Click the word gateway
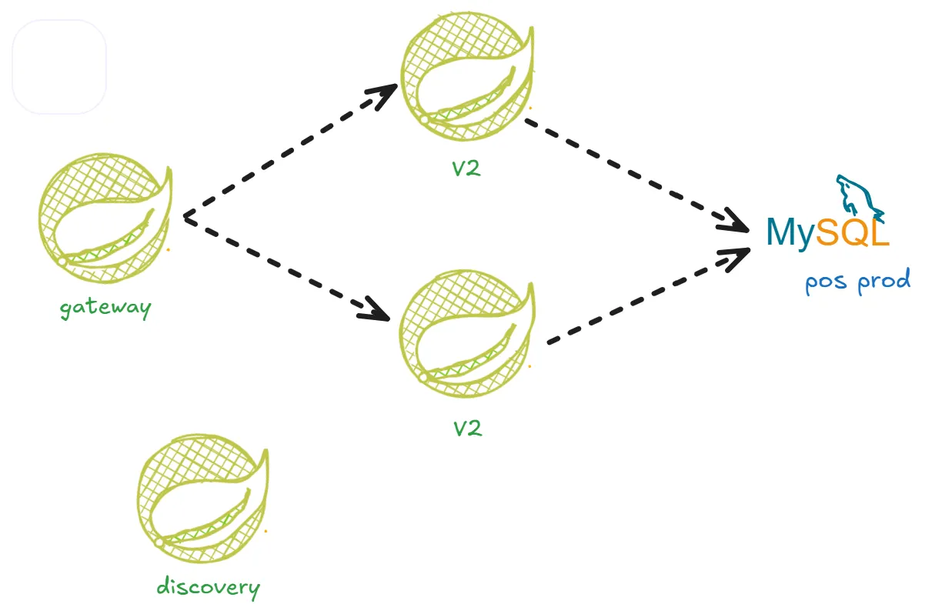click(106, 308)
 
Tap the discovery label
click(208, 588)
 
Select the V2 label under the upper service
click(466, 169)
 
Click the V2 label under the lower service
click(467, 427)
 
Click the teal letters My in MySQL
click(790, 232)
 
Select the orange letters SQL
click(853, 232)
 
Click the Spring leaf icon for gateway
click(104, 219)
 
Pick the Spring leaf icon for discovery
click(203, 496)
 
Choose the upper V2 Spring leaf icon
click(466, 77)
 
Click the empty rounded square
click(59, 67)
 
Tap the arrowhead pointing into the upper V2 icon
click(382, 95)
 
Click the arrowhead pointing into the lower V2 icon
click(377, 309)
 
